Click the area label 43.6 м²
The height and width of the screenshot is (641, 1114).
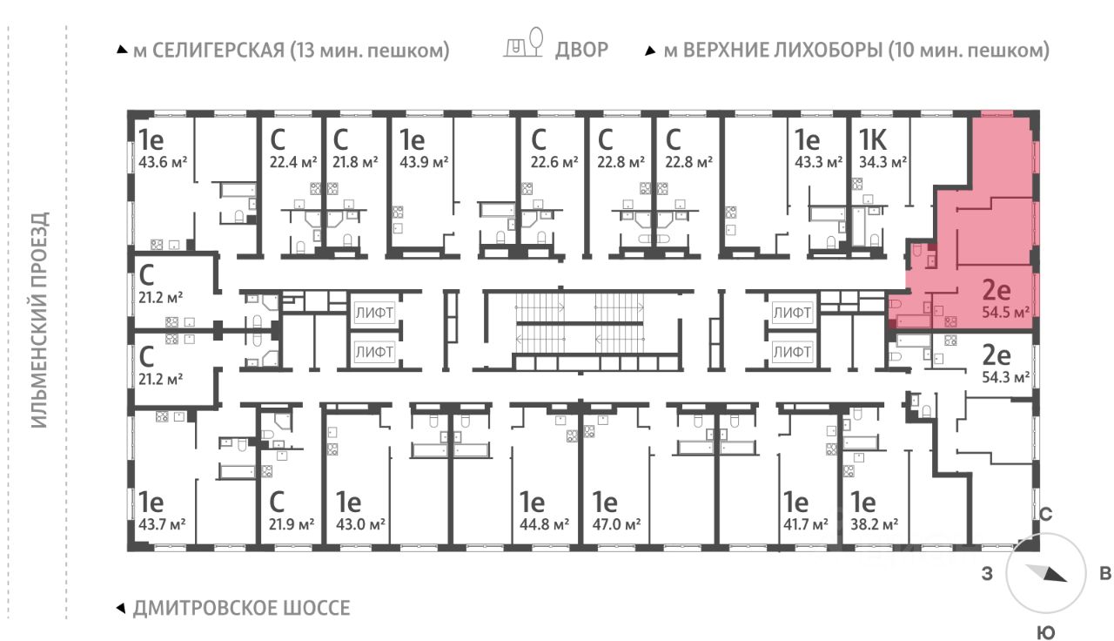coord(163,162)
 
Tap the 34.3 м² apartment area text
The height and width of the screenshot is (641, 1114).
coord(882,162)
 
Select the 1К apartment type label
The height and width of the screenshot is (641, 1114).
coord(873,140)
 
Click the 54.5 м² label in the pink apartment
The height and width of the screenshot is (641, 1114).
coord(1005,312)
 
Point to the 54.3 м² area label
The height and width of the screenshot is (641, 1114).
coord(1005,377)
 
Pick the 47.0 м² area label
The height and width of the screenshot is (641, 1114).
coord(617,524)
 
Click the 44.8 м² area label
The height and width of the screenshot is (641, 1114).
coord(545,524)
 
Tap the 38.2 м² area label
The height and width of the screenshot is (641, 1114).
coord(875,524)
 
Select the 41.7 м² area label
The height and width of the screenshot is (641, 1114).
coord(806,524)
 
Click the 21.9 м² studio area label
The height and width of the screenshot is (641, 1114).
coord(292,524)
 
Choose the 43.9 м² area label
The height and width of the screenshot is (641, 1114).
coord(424,162)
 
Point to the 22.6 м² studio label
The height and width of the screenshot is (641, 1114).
coord(554,162)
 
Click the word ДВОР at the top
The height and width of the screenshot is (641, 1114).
coord(582,50)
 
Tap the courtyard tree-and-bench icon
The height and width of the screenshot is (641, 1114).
coord(523,43)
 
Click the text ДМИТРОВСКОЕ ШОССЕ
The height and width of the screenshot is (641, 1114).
coord(242,608)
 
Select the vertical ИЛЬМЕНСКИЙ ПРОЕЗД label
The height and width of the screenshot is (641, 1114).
coord(39,320)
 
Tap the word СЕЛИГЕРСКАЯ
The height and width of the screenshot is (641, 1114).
coord(218,51)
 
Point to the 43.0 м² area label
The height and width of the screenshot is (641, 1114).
coord(360,524)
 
